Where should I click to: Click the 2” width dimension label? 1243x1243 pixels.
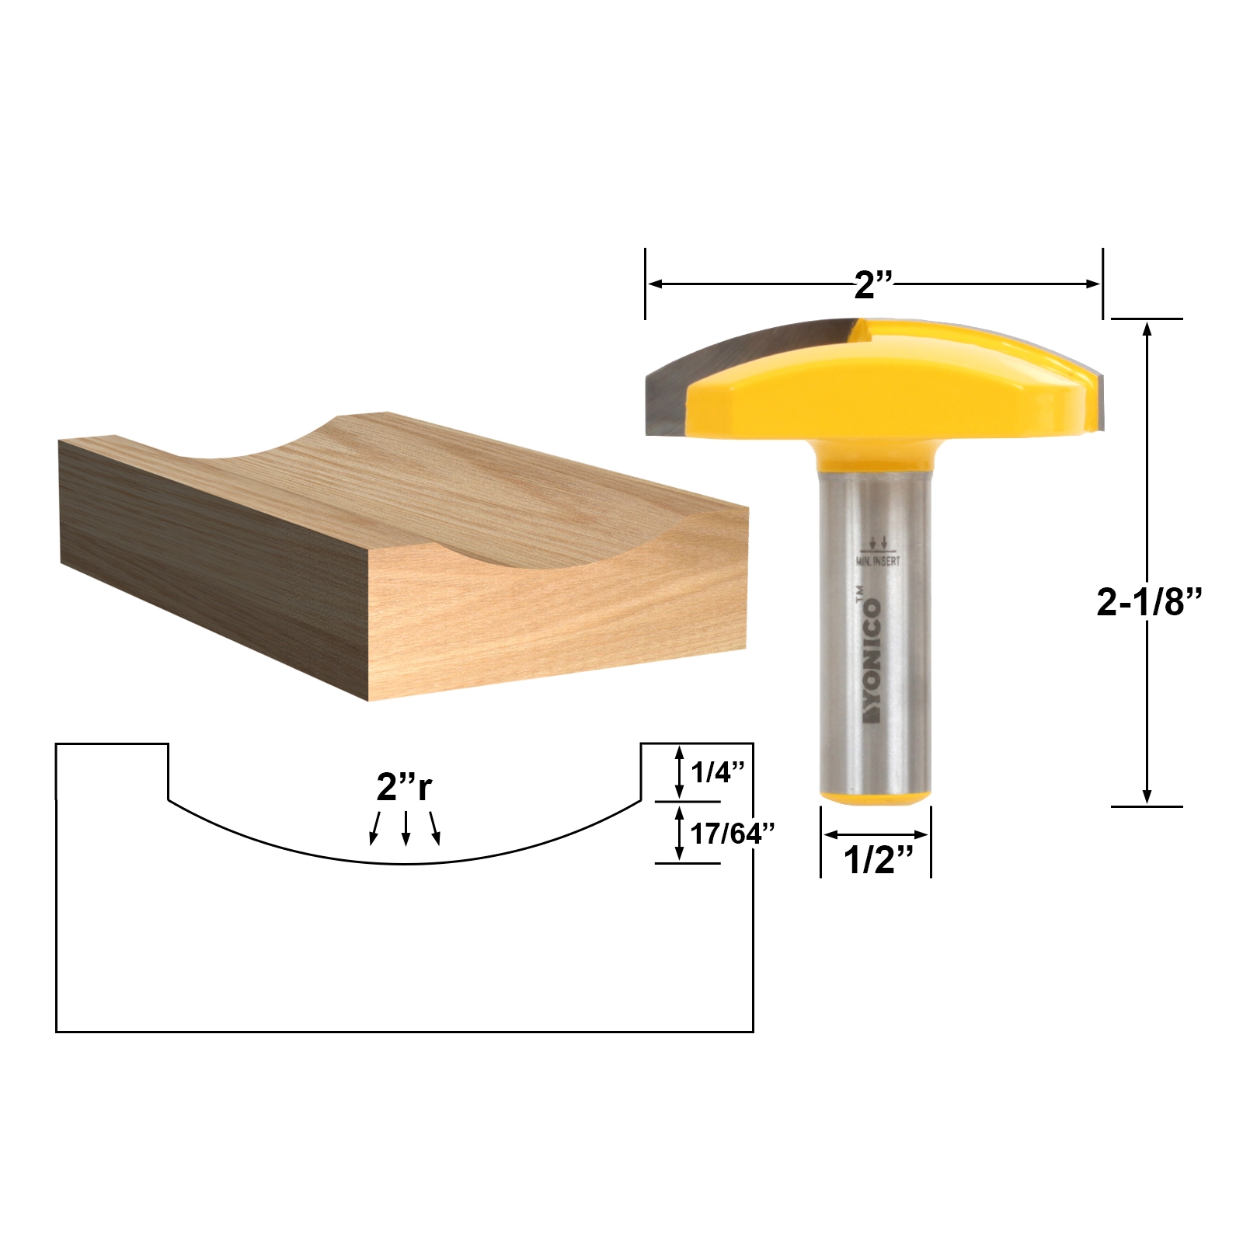(x=873, y=286)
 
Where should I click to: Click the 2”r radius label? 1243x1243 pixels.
(x=404, y=788)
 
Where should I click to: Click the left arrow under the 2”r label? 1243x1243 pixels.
(x=375, y=828)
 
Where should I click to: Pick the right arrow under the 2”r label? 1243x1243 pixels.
(x=435, y=828)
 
